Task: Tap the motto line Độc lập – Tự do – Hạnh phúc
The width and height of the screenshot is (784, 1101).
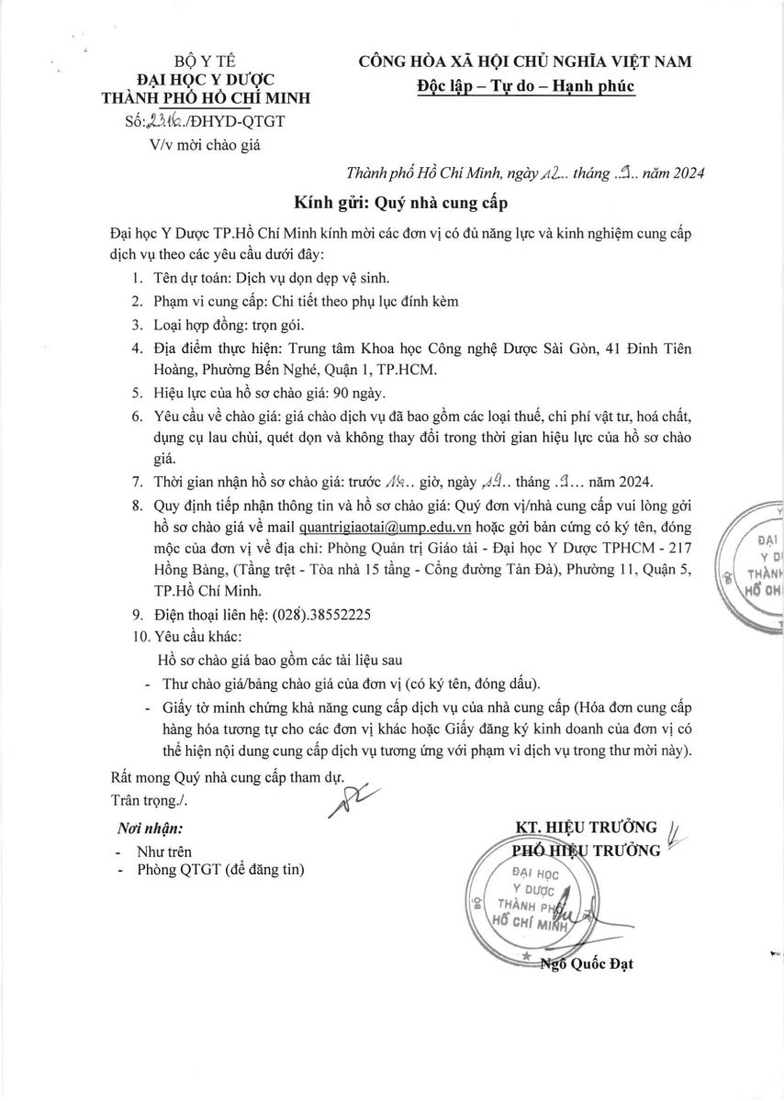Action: pyautogui.click(x=524, y=86)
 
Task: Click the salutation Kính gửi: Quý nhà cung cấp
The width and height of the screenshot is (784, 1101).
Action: pyautogui.click(x=400, y=202)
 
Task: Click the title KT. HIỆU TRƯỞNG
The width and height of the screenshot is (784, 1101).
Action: pyautogui.click(x=588, y=827)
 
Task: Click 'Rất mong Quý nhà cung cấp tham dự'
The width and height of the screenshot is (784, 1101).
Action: pyautogui.click(x=225, y=779)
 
